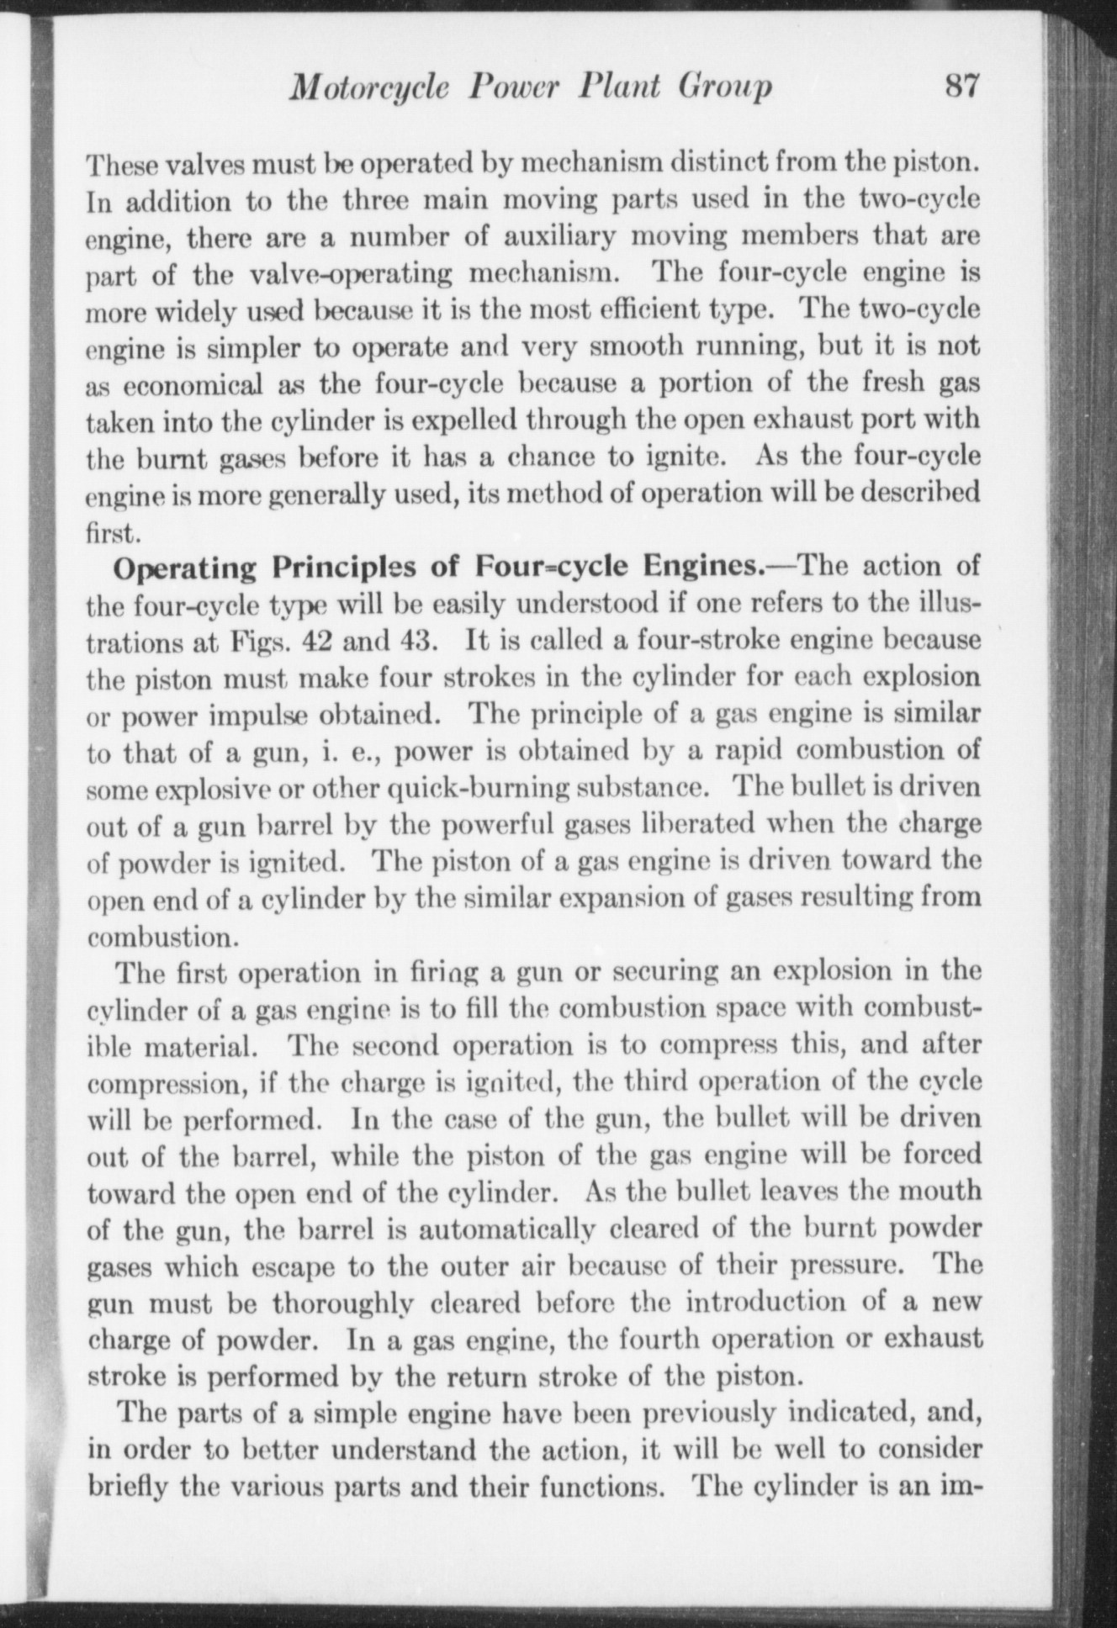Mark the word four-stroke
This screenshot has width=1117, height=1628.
(704, 641)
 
